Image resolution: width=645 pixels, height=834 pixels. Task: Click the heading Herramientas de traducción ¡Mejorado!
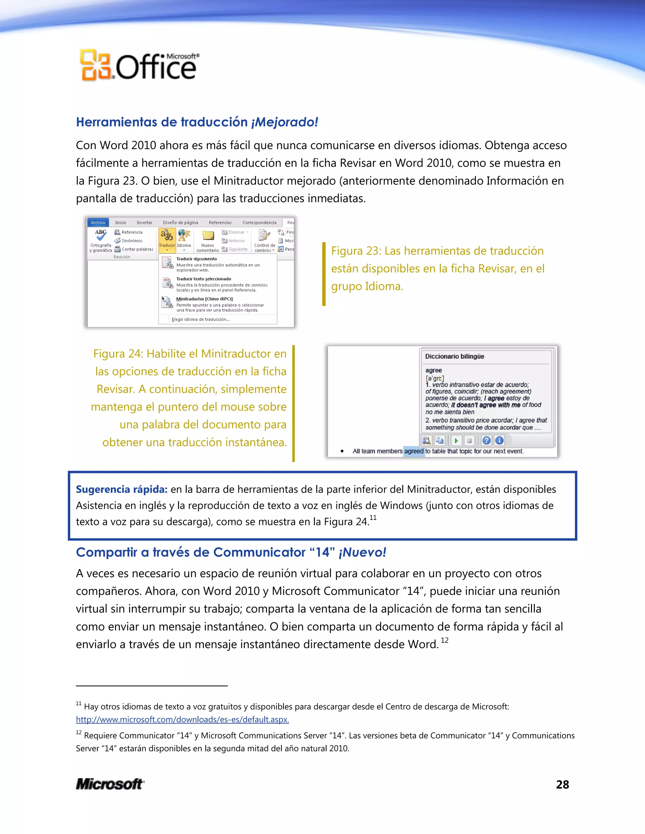coord(197,122)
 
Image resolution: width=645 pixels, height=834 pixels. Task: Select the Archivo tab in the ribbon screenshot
coord(98,223)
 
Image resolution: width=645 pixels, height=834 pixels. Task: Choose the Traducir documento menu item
coord(197,259)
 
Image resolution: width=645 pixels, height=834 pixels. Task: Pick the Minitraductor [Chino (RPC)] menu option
coord(204,299)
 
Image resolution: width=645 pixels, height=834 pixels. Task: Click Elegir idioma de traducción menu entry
coord(201,319)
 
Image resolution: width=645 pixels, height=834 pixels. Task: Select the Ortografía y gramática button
coord(101,240)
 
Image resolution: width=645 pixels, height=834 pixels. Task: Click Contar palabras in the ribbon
coord(137,249)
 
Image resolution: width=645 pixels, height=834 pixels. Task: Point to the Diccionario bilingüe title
coord(454,356)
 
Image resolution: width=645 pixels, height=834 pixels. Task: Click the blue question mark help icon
coord(486,441)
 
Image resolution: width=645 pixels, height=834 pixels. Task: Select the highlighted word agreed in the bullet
coord(414,451)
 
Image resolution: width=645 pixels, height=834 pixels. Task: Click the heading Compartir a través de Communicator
coord(231,552)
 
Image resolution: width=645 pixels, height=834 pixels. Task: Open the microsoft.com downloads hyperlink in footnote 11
coord(182,719)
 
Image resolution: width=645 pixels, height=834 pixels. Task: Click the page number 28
coord(562,784)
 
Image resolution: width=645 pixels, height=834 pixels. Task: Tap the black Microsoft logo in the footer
coord(110,784)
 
